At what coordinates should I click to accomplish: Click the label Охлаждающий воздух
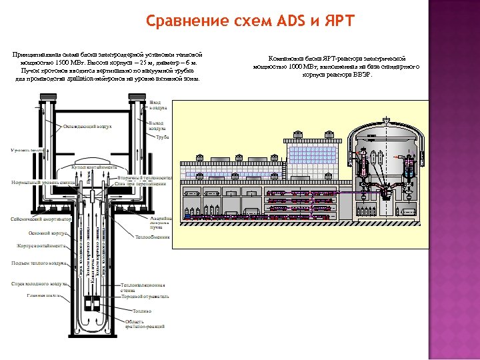click(87, 125)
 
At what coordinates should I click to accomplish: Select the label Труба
click(162, 137)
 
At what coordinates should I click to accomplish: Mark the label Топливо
click(141, 311)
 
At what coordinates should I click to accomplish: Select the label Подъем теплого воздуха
click(39, 263)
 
